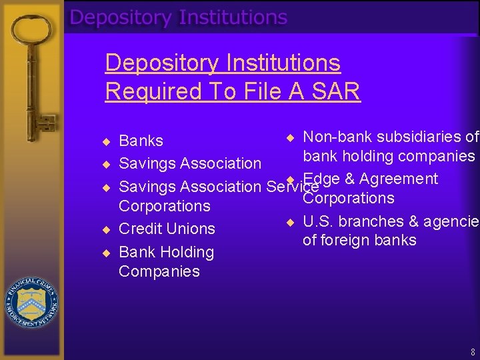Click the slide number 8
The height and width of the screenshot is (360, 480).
tap(472, 351)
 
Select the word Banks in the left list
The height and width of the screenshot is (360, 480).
tap(141, 141)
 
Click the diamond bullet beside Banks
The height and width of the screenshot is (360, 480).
tap(105, 141)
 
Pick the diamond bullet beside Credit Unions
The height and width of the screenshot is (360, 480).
tap(105, 229)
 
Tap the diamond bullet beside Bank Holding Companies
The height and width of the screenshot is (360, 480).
tap(105, 252)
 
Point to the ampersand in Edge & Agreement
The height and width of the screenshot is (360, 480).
tap(349, 179)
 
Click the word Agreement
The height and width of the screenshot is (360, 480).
tap(398, 179)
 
